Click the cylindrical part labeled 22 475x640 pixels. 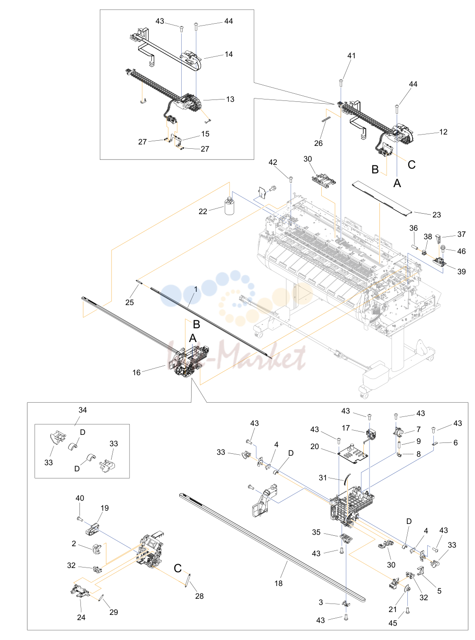(x=229, y=206)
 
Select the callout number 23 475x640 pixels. (x=436, y=215)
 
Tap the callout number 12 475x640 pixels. (x=443, y=132)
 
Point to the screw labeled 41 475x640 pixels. (x=341, y=82)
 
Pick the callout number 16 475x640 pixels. (x=136, y=372)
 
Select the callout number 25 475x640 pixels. (x=130, y=302)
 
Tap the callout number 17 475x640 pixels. (x=346, y=428)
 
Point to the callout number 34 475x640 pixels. (x=82, y=410)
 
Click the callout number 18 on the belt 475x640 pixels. (x=279, y=583)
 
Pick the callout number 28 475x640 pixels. (x=199, y=596)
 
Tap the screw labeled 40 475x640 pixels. (x=80, y=519)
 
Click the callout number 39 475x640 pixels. (x=461, y=271)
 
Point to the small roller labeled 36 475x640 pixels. (x=415, y=247)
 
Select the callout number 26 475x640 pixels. (x=318, y=143)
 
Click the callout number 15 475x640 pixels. (x=205, y=134)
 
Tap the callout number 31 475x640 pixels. (x=323, y=478)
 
